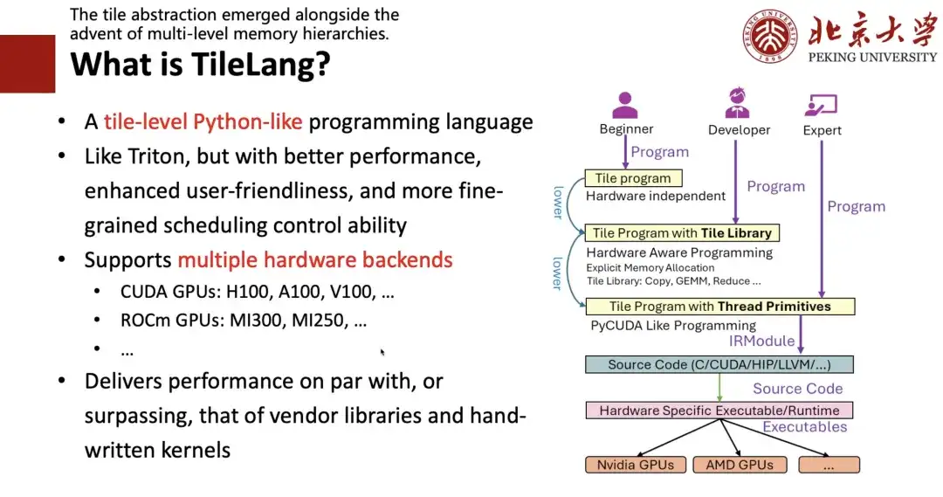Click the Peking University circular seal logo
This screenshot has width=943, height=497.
pyautogui.click(x=770, y=36)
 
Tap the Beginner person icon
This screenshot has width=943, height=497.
pyautogui.click(x=625, y=106)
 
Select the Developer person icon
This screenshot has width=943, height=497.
pyautogui.click(x=737, y=102)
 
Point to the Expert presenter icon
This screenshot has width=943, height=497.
pyautogui.click(x=821, y=106)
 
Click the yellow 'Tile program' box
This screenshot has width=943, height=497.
pyautogui.click(x=633, y=178)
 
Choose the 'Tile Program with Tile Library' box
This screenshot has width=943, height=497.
pyautogui.click(x=682, y=233)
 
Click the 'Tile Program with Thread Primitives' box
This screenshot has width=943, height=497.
pyautogui.click(x=719, y=307)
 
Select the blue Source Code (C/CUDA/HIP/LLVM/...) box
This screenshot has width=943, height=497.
pyautogui.click(x=719, y=364)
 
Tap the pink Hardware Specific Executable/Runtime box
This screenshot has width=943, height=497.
pyautogui.click(x=719, y=411)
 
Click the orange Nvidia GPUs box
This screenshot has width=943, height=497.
pyautogui.click(x=636, y=465)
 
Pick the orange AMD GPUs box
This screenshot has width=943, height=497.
pyautogui.click(x=740, y=465)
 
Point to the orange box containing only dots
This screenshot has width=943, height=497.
pyautogui.click(x=829, y=465)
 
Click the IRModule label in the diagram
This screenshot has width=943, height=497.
pyautogui.click(x=761, y=342)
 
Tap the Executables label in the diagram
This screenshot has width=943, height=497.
pyautogui.click(x=805, y=426)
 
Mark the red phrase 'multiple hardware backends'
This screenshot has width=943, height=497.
pyautogui.click(x=315, y=260)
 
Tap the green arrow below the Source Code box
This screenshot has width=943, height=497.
pyautogui.click(x=719, y=388)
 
